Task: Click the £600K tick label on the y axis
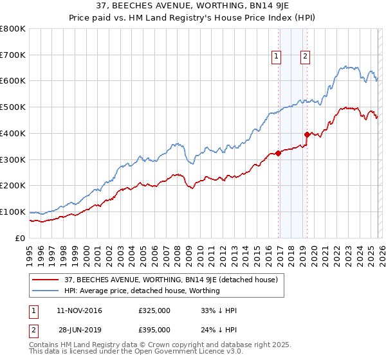pos(13,81)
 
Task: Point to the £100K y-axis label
pos(13,212)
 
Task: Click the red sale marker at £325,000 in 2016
pos(278,153)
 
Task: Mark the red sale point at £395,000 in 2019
pos(308,134)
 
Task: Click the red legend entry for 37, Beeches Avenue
pos(171,280)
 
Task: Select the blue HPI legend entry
pos(142,291)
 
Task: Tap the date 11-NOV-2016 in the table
pos(79,310)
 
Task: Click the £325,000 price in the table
pos(154,310)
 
